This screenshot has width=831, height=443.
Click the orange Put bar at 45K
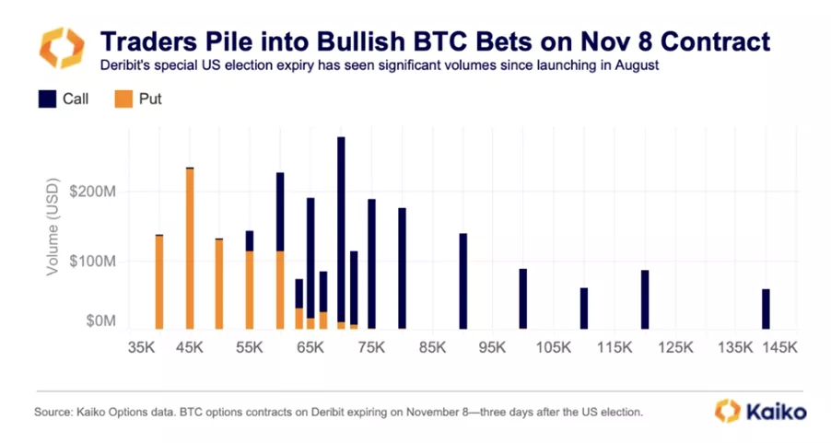click(x=190, y=249)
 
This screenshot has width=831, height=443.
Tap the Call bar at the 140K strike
click(x=766, y=309)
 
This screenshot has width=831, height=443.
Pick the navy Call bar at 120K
click(x=645, y=299)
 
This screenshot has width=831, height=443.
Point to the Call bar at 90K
click(x=462, y=281)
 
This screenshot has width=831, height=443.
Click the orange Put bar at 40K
click(x=159, y=282)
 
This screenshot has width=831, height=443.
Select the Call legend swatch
click(x=47, y=99)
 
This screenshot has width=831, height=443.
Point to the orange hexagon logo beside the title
click(x=57, y=49)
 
